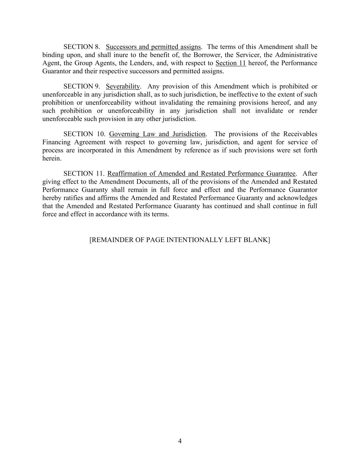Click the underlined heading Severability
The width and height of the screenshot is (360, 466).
123,86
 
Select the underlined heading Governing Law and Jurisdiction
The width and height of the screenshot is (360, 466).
157,134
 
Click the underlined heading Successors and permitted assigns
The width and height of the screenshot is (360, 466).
153,47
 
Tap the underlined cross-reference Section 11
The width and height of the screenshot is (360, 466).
231,63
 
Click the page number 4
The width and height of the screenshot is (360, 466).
180,441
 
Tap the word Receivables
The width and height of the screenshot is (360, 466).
300,134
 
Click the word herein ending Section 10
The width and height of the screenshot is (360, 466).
52,159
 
